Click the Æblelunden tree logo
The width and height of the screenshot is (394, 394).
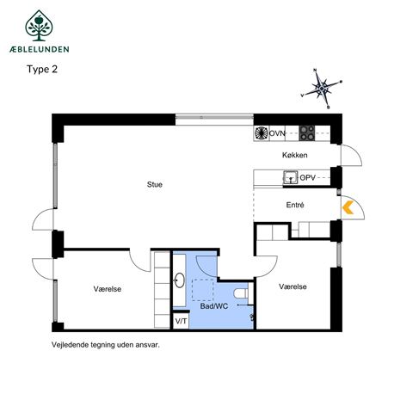click(x=39, y=26)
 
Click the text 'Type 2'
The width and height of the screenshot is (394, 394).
click(x=42, y=70)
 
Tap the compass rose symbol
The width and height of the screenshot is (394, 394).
click(x=322, y=89)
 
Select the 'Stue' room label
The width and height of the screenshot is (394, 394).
click(x=155, y=184)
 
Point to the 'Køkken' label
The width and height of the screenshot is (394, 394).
click(x=295, y=155)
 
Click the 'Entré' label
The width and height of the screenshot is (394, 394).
click(x=295, y=205)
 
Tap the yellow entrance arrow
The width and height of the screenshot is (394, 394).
click(x=348, y=207)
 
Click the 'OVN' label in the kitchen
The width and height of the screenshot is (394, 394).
click(x=277, y=133)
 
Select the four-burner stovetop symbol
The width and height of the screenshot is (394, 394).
click(x=307, y=133)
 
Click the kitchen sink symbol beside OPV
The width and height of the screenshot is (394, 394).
click(x=291, y=177)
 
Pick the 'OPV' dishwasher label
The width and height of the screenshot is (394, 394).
click(x=308, y=178)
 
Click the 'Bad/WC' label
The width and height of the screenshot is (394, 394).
click(x=214, y=306)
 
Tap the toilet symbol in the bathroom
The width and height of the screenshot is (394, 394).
click(x=241, y=293)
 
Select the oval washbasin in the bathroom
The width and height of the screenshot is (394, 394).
click(x=180, y=280)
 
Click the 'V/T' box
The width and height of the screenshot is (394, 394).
click(x=181, y=321)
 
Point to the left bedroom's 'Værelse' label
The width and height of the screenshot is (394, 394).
click(x=108, y=289)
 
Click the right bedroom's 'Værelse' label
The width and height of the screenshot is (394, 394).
click(x=292, y=286)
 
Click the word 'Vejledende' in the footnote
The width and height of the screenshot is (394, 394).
click(x=70, y=345)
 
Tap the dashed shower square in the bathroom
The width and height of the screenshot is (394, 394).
click(x=203, y=290)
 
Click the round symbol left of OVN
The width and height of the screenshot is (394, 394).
click(x=262, y=133)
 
